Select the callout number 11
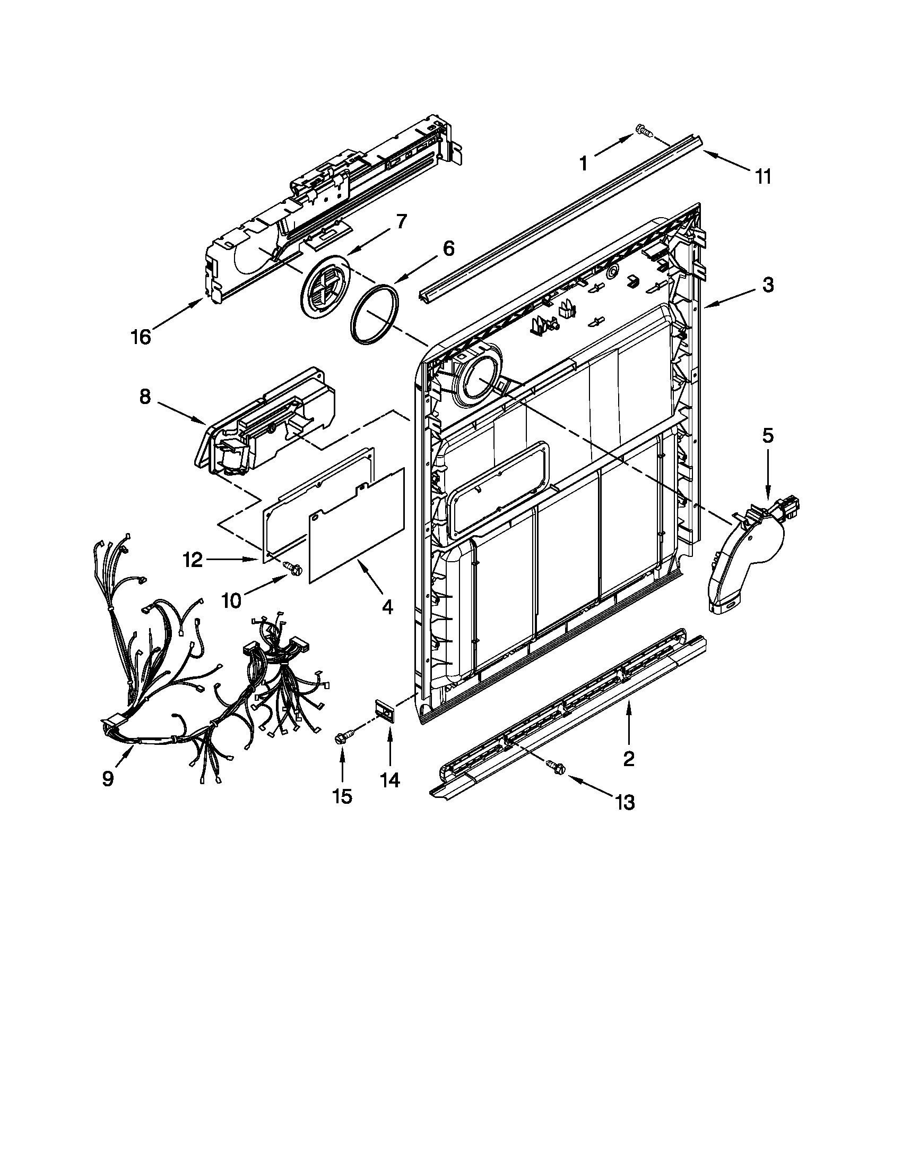763,176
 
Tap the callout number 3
767,285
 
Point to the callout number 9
108,779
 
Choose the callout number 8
145,399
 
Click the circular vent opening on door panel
477,380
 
